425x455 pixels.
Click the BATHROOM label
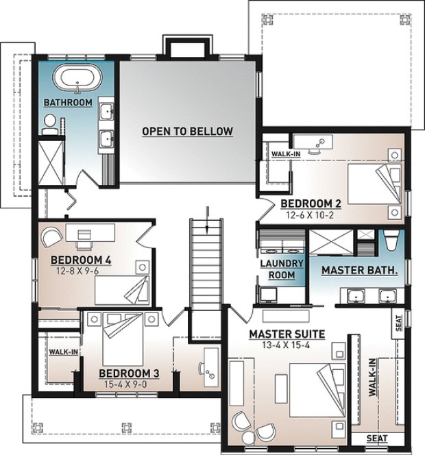point(68,103)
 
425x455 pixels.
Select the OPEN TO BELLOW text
point(187,132)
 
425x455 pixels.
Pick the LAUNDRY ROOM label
point(278,269)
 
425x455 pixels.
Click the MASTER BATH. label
point(360,271)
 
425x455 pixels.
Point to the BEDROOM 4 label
point(81,260)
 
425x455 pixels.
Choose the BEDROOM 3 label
point(130,373)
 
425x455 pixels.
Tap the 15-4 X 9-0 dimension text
point(130,384)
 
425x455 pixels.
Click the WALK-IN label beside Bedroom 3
point(63,352)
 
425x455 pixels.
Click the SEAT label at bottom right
point(376,439)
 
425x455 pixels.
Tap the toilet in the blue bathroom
point(49,123)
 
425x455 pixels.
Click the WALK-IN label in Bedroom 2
point(286,154)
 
